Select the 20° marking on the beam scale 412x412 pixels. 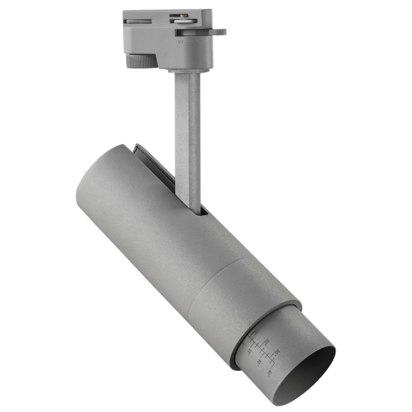[x=250, y=351]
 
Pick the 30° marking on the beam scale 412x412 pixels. [x=267, y=341]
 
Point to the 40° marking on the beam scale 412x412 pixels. [x=259, y=364]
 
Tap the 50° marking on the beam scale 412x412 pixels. [x=277, y=351]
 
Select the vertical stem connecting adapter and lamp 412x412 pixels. [x=187, y=139]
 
